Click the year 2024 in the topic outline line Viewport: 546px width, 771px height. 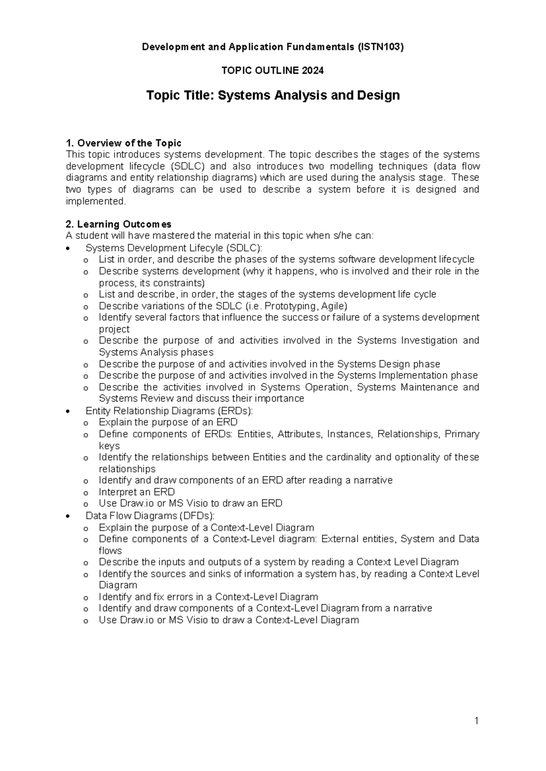coord(314,70)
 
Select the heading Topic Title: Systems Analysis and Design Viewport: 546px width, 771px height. coord(273,95)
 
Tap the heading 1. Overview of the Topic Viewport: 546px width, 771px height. coord(124,143)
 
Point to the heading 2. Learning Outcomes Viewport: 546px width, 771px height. coord(119,224)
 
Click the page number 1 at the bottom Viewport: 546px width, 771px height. coord(476,721)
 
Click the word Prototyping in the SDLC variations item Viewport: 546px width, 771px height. coord(287,306)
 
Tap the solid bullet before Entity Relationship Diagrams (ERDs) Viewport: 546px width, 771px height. coord(68,411)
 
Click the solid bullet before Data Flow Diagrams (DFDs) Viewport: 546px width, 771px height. coord(68,516)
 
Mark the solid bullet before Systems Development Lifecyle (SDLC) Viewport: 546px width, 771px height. coord(68,249)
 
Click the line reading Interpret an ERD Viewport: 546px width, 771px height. coord(136,492)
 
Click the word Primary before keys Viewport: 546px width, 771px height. coord(462,434)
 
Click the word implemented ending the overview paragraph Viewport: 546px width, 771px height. coord(95,201)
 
